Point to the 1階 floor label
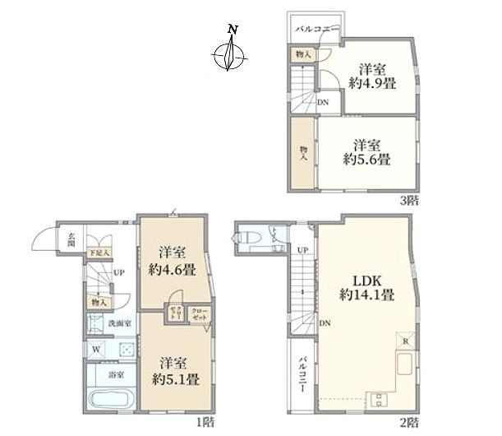(205, 422)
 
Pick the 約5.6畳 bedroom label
(366, 150)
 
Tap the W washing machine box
(97, 348)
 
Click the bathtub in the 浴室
(108, 403)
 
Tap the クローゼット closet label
(198, 313)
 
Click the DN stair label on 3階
(324, 102)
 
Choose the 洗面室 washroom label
(120, 323)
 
